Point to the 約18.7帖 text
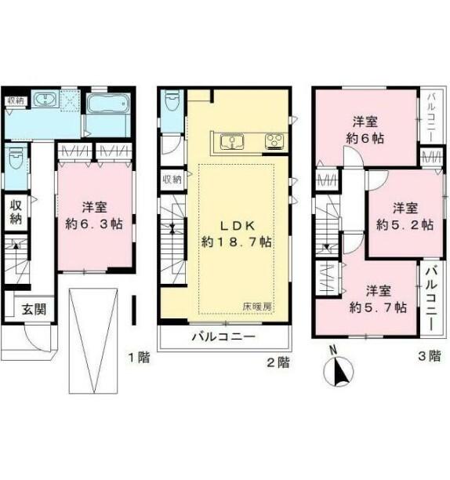pos(236,242)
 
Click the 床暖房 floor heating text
pos(257,307)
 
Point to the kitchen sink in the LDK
pos(234,141)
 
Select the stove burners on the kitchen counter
pos(275,141)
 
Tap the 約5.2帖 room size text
pos(402,224)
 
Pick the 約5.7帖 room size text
pos(376,307)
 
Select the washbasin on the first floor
pos(45,100)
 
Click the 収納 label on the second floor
pos(172,179)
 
